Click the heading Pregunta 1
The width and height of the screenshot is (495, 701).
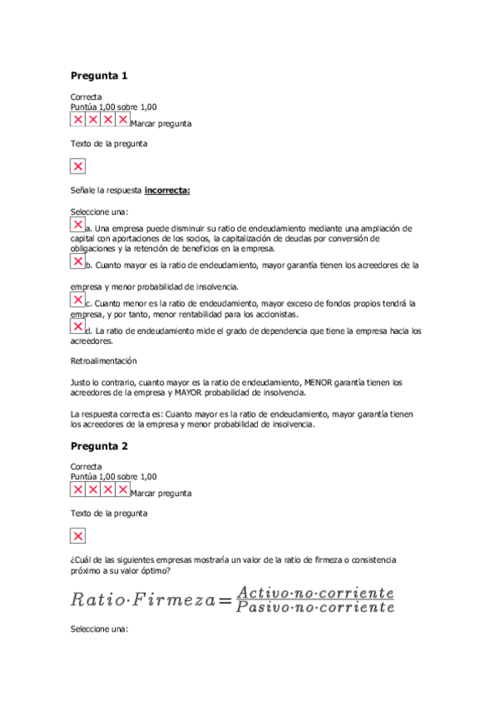tap(99, 76)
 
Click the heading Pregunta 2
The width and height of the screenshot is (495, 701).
tap(99, 446)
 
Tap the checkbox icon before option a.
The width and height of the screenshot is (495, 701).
tap(78, 225)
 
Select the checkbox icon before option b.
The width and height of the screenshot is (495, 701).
tap(78, 262)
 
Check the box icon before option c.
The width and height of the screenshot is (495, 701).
tap(78, 300)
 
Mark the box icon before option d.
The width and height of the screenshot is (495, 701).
tap(78, 327)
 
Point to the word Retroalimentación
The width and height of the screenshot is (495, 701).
tap(103, 361)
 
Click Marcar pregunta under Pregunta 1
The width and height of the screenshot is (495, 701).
tap(161, 124)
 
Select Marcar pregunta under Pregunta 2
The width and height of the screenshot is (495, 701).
tap(161, 494)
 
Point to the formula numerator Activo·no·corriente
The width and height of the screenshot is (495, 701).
tap(315, 592)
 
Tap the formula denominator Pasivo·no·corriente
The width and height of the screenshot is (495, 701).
tap(315, 608)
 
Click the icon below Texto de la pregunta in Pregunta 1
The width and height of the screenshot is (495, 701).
tap(78, 167)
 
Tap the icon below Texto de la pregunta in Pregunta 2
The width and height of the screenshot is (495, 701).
tap(78, 536)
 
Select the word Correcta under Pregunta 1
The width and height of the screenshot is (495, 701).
tap(86, 97)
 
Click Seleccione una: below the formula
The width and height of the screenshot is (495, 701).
tap(99, 630)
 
